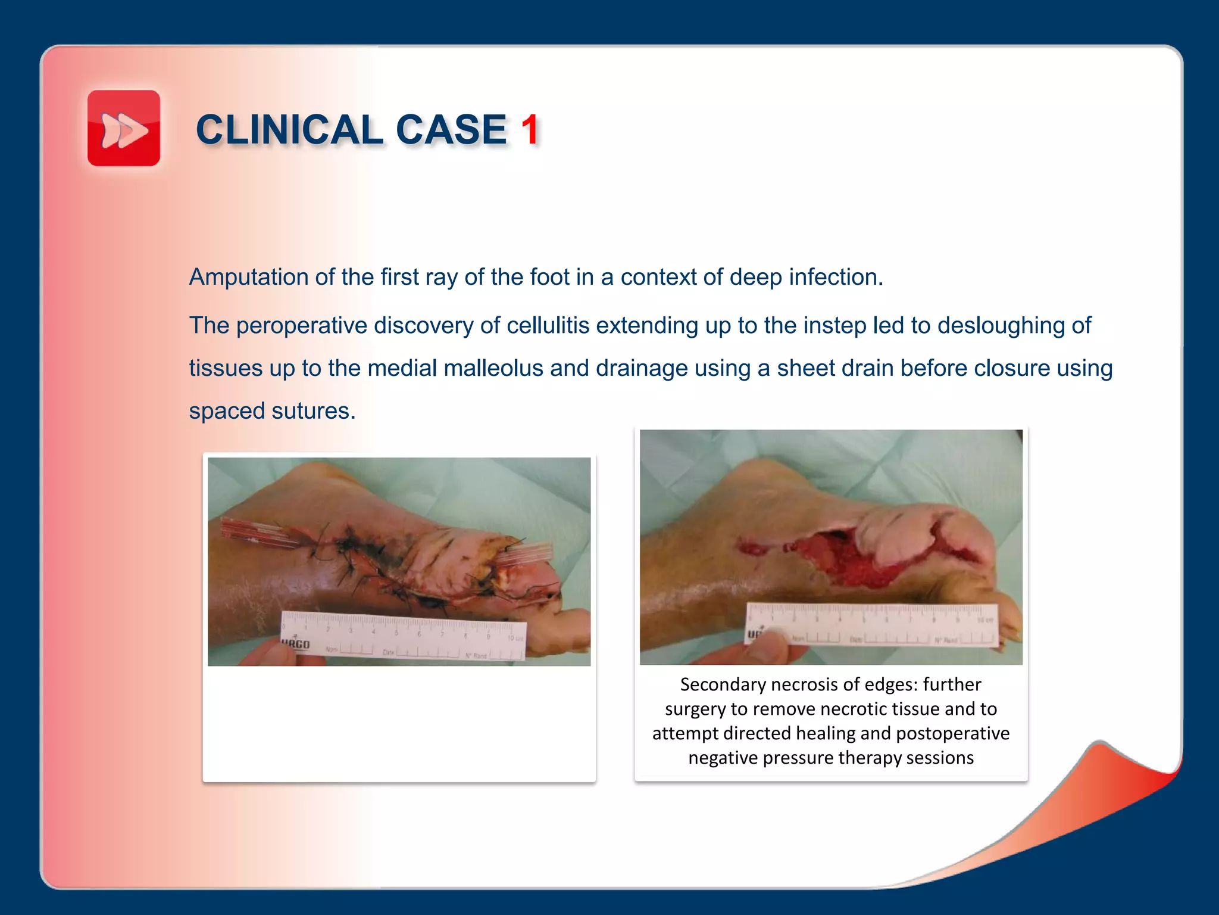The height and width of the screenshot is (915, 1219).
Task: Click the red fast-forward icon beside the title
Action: [x=124, y=128]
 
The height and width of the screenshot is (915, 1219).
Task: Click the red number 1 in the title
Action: [x=530, y=130]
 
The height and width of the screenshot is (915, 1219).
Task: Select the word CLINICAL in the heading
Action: [x=289, y=130]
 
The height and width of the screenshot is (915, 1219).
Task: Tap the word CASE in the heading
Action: [x=451, y=130]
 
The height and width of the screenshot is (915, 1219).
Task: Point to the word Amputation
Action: [x=248, y=278]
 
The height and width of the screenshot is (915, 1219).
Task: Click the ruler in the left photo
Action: [x=404, y=635]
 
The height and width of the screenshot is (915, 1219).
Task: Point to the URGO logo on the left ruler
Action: [x=295, y=644]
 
